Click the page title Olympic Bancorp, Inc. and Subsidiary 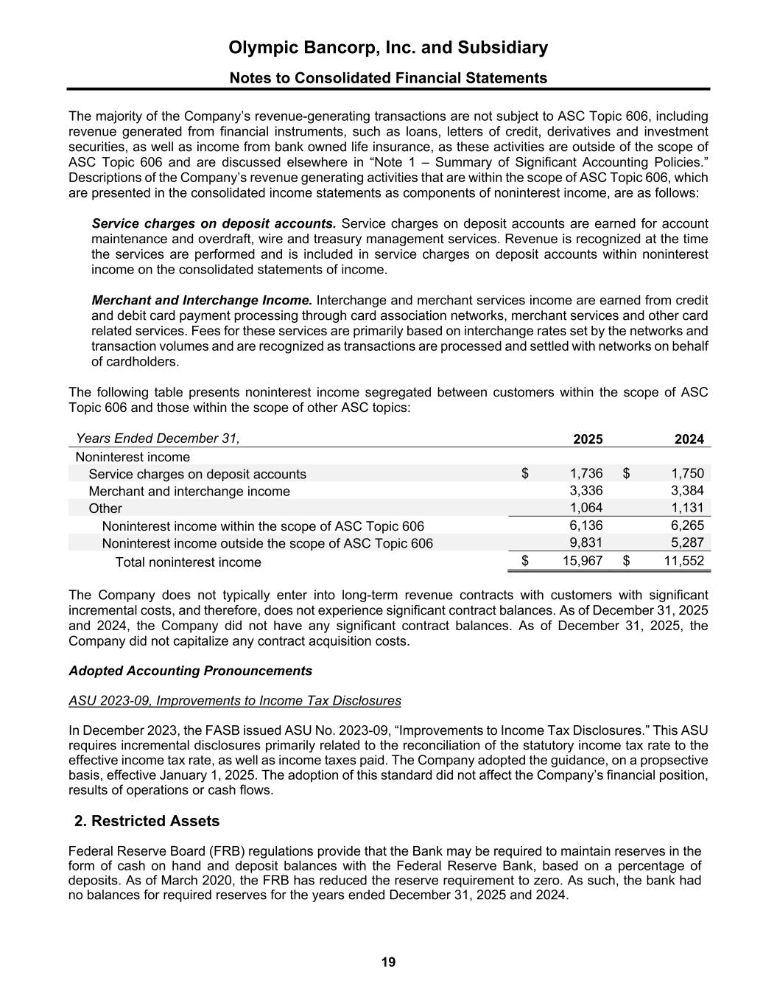tap(388, 48)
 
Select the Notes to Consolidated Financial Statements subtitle tap(388, 78)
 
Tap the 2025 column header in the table tap(588, 439)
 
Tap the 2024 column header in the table tap(689, 439)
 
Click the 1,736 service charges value tap(587, 474)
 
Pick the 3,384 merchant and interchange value tap(689, 491)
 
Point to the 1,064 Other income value tap(587, 508)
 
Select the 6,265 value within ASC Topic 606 tap(689, 525)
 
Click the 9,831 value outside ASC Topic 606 tap(587, 542)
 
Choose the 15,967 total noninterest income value tap(583, 561)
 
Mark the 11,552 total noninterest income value tap(685, 561)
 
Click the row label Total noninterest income tap(188, 562)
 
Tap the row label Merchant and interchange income tap(189, 492)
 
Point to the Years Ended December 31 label tap(158, 439)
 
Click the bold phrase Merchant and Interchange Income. tap(202, 301)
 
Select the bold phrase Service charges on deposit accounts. tap(214, 224)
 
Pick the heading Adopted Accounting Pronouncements tap(190, 671)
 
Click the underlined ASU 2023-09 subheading tap(235, 701)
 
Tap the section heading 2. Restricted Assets tap(147, 821)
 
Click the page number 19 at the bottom tap(388, 963)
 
